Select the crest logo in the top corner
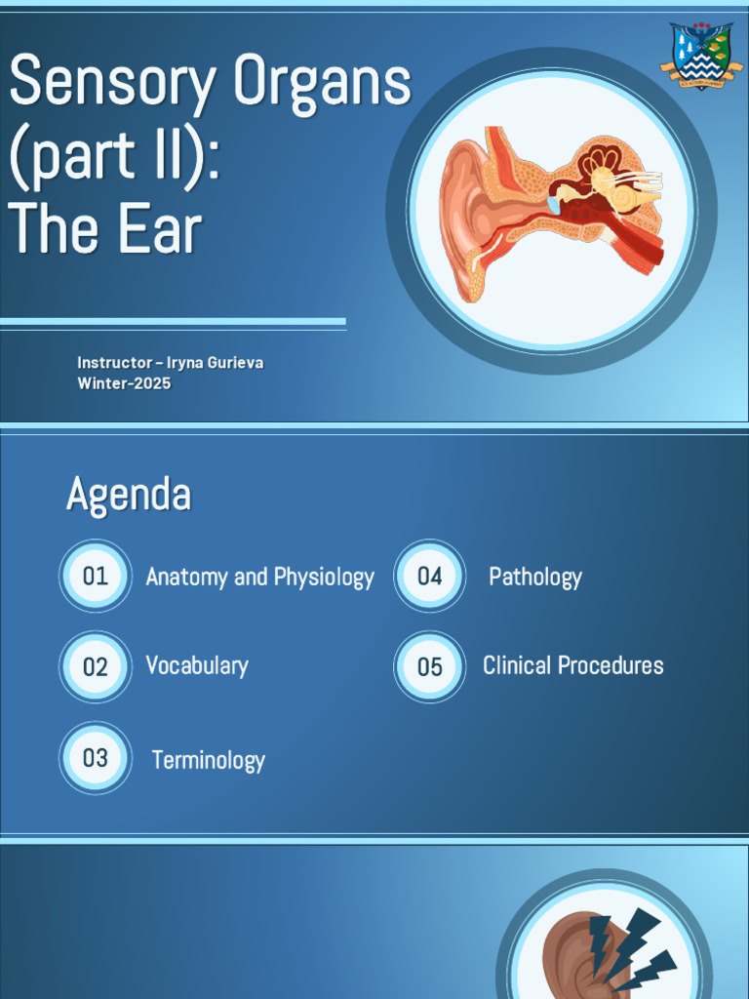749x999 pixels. [701, 56]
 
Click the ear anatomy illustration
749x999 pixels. [551, 210]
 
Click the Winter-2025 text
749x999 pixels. [124, 383]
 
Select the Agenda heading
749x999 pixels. [128, 495]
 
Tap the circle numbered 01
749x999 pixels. [96, 576]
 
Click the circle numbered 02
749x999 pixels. [96, 667]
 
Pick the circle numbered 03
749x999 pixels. [96, 758]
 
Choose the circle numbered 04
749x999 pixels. [430, 576]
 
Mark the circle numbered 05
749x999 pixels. [430, 667]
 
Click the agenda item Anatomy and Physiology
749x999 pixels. [259, 578]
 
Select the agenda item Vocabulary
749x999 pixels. [197, 666]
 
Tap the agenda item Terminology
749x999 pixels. [208, 761]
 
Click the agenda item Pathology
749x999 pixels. [535, 578]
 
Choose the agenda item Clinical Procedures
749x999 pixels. [573, 666]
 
